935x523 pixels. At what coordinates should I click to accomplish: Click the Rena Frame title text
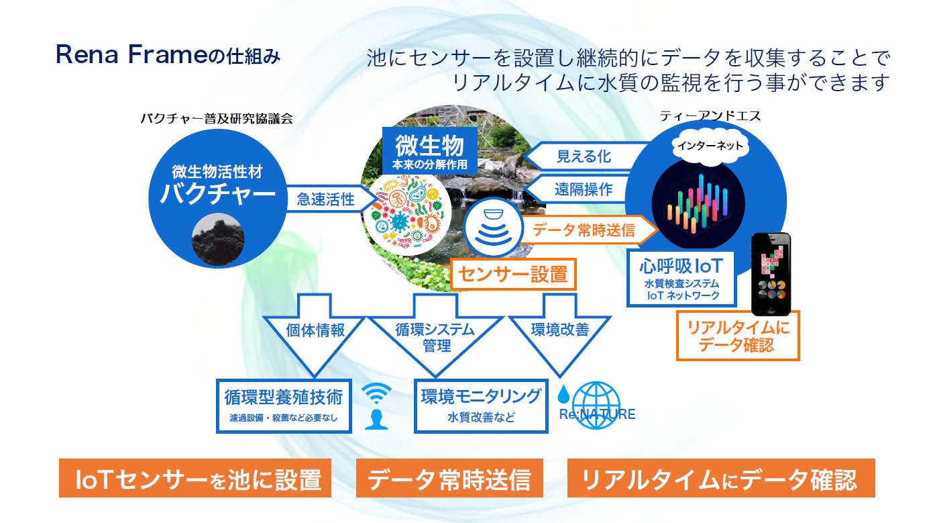coord(168,56)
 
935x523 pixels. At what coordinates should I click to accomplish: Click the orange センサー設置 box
coord(513,274)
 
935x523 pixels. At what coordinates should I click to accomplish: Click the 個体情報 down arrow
coord(315,333)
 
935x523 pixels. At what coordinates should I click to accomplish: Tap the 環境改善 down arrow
coord(559,333)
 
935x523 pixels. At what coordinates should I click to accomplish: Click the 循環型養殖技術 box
coord(284,406)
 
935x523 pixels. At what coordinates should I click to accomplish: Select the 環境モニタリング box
coord(481,406)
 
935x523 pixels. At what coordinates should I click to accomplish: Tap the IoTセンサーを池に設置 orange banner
coord(195,479)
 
